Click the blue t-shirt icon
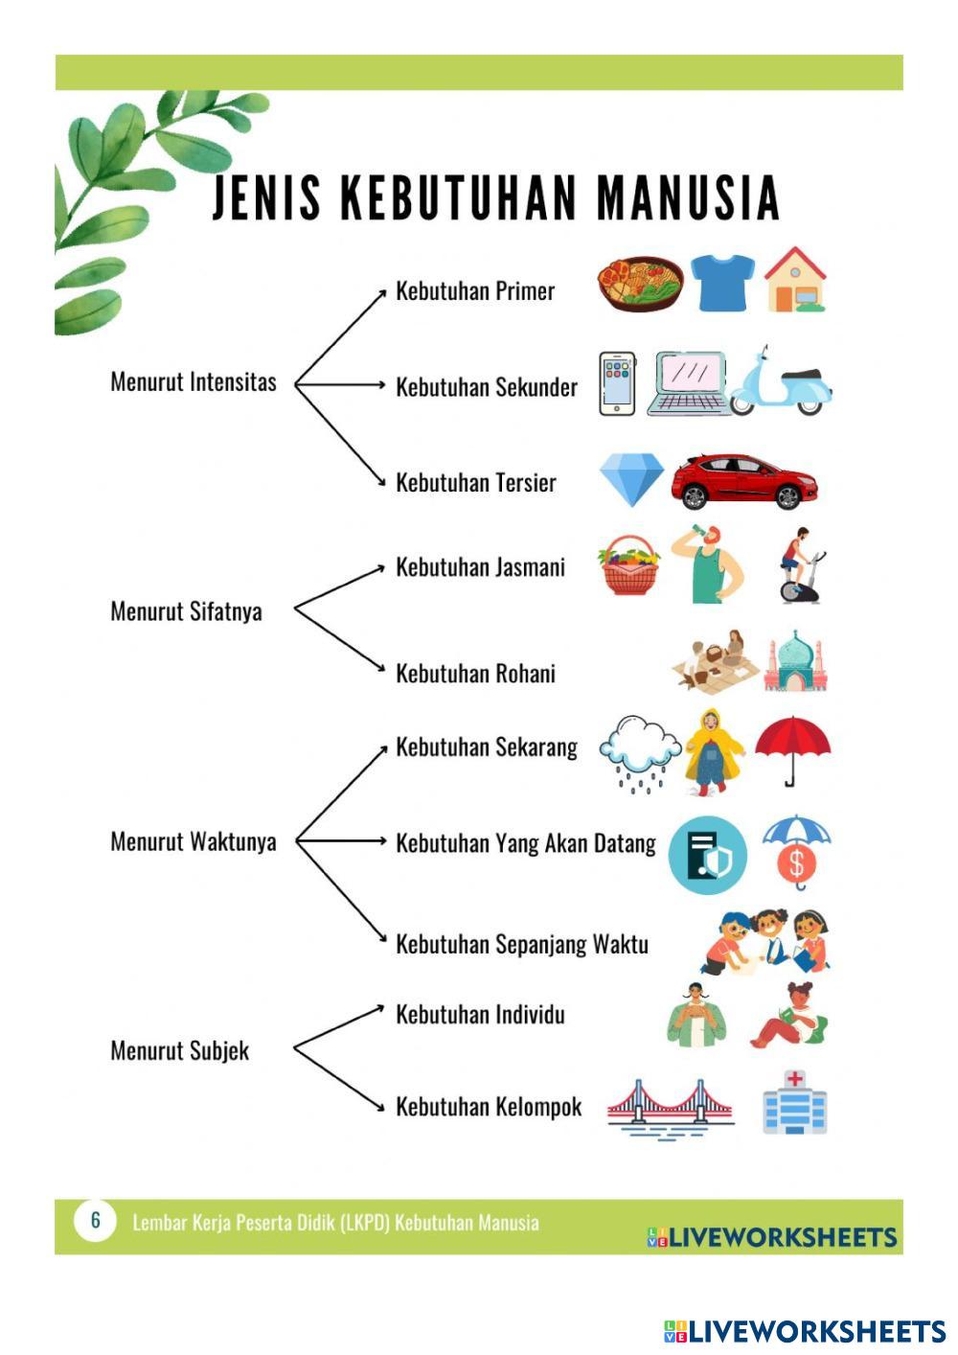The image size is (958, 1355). point(721,283)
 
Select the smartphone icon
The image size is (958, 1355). point(617,384)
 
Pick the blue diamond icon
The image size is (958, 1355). point(631,479)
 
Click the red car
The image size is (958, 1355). point(743,481)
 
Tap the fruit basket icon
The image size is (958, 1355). point(628,566)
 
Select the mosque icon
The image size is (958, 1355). point(794,662)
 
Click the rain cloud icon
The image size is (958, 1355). point(634,752)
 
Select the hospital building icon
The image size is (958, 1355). point(794,1103)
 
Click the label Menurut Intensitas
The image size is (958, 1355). point(194,382)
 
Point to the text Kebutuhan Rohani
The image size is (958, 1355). point(475,674)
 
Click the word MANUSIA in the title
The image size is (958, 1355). point(688,198)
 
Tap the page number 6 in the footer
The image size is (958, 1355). point(95,1221)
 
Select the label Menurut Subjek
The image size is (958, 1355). point(180,1051)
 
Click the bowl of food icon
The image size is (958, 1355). point(640,284)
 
